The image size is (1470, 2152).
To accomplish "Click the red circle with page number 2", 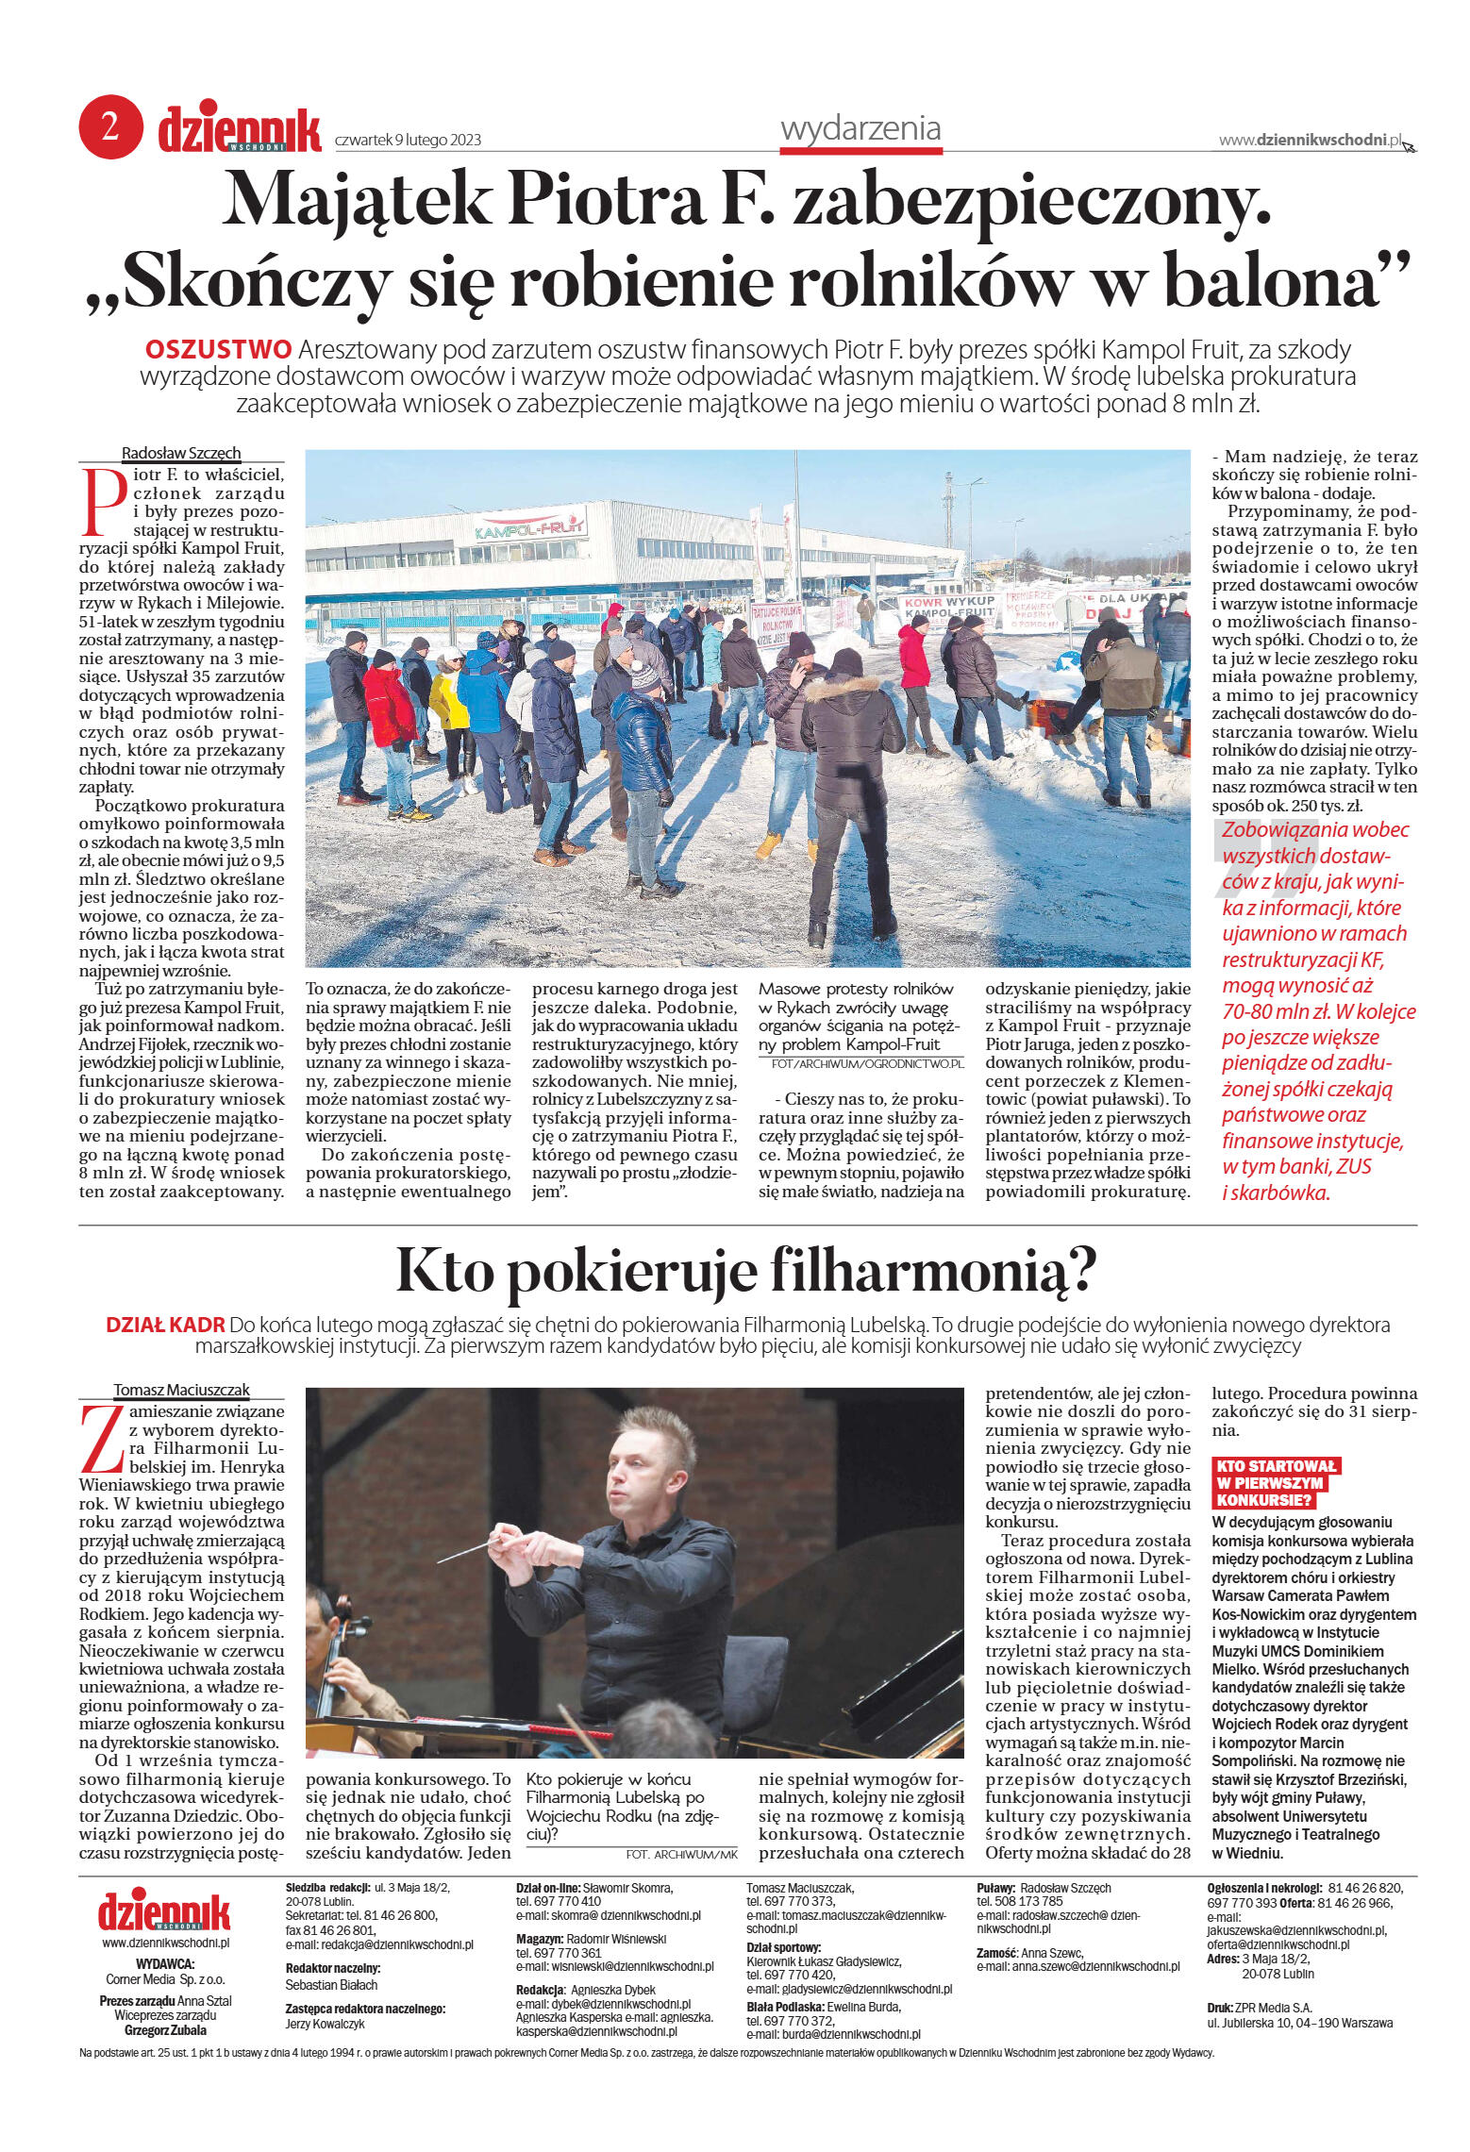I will click(110, 127).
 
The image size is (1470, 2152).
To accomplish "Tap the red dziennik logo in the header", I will click(240, 130).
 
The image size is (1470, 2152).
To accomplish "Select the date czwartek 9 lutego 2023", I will click(408, 141).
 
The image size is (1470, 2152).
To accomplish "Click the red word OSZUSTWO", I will click(218, 350).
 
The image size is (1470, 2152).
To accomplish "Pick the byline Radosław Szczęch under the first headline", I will click(181, 453).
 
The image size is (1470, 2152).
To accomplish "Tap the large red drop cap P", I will click(104, 501).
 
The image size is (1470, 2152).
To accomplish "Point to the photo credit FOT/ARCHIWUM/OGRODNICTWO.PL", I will click(867, 1063).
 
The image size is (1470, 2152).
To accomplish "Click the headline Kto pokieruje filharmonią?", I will click(746, 1270).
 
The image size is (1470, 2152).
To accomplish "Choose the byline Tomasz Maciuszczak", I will click(181, 1390).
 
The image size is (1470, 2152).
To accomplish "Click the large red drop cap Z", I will click(103, 1440).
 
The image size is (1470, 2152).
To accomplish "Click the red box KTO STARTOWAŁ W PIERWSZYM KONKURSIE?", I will click(1275, 1482).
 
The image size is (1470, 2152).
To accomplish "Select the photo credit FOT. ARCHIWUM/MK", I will click(681, 1854).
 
